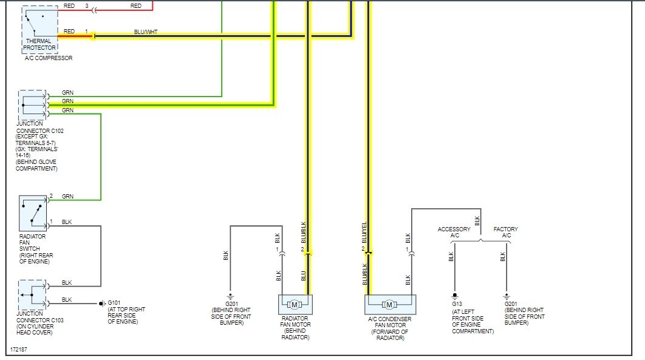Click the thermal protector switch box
click(40, 23)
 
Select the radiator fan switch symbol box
click(33, 212)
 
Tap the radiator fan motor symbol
click(295, 304)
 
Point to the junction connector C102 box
click(32, 105)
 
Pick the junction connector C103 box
click(32, 294)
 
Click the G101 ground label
click(114, 303)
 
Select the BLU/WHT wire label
click(146, 32)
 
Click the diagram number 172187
click(20, 350)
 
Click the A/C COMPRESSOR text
click(49, 58)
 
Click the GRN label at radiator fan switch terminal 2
click(67, 196)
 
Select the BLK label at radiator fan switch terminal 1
click(67, 222)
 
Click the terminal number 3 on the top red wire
click(86, 5)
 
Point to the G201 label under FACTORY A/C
click(512, 304)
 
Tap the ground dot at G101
click(101, 303)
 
